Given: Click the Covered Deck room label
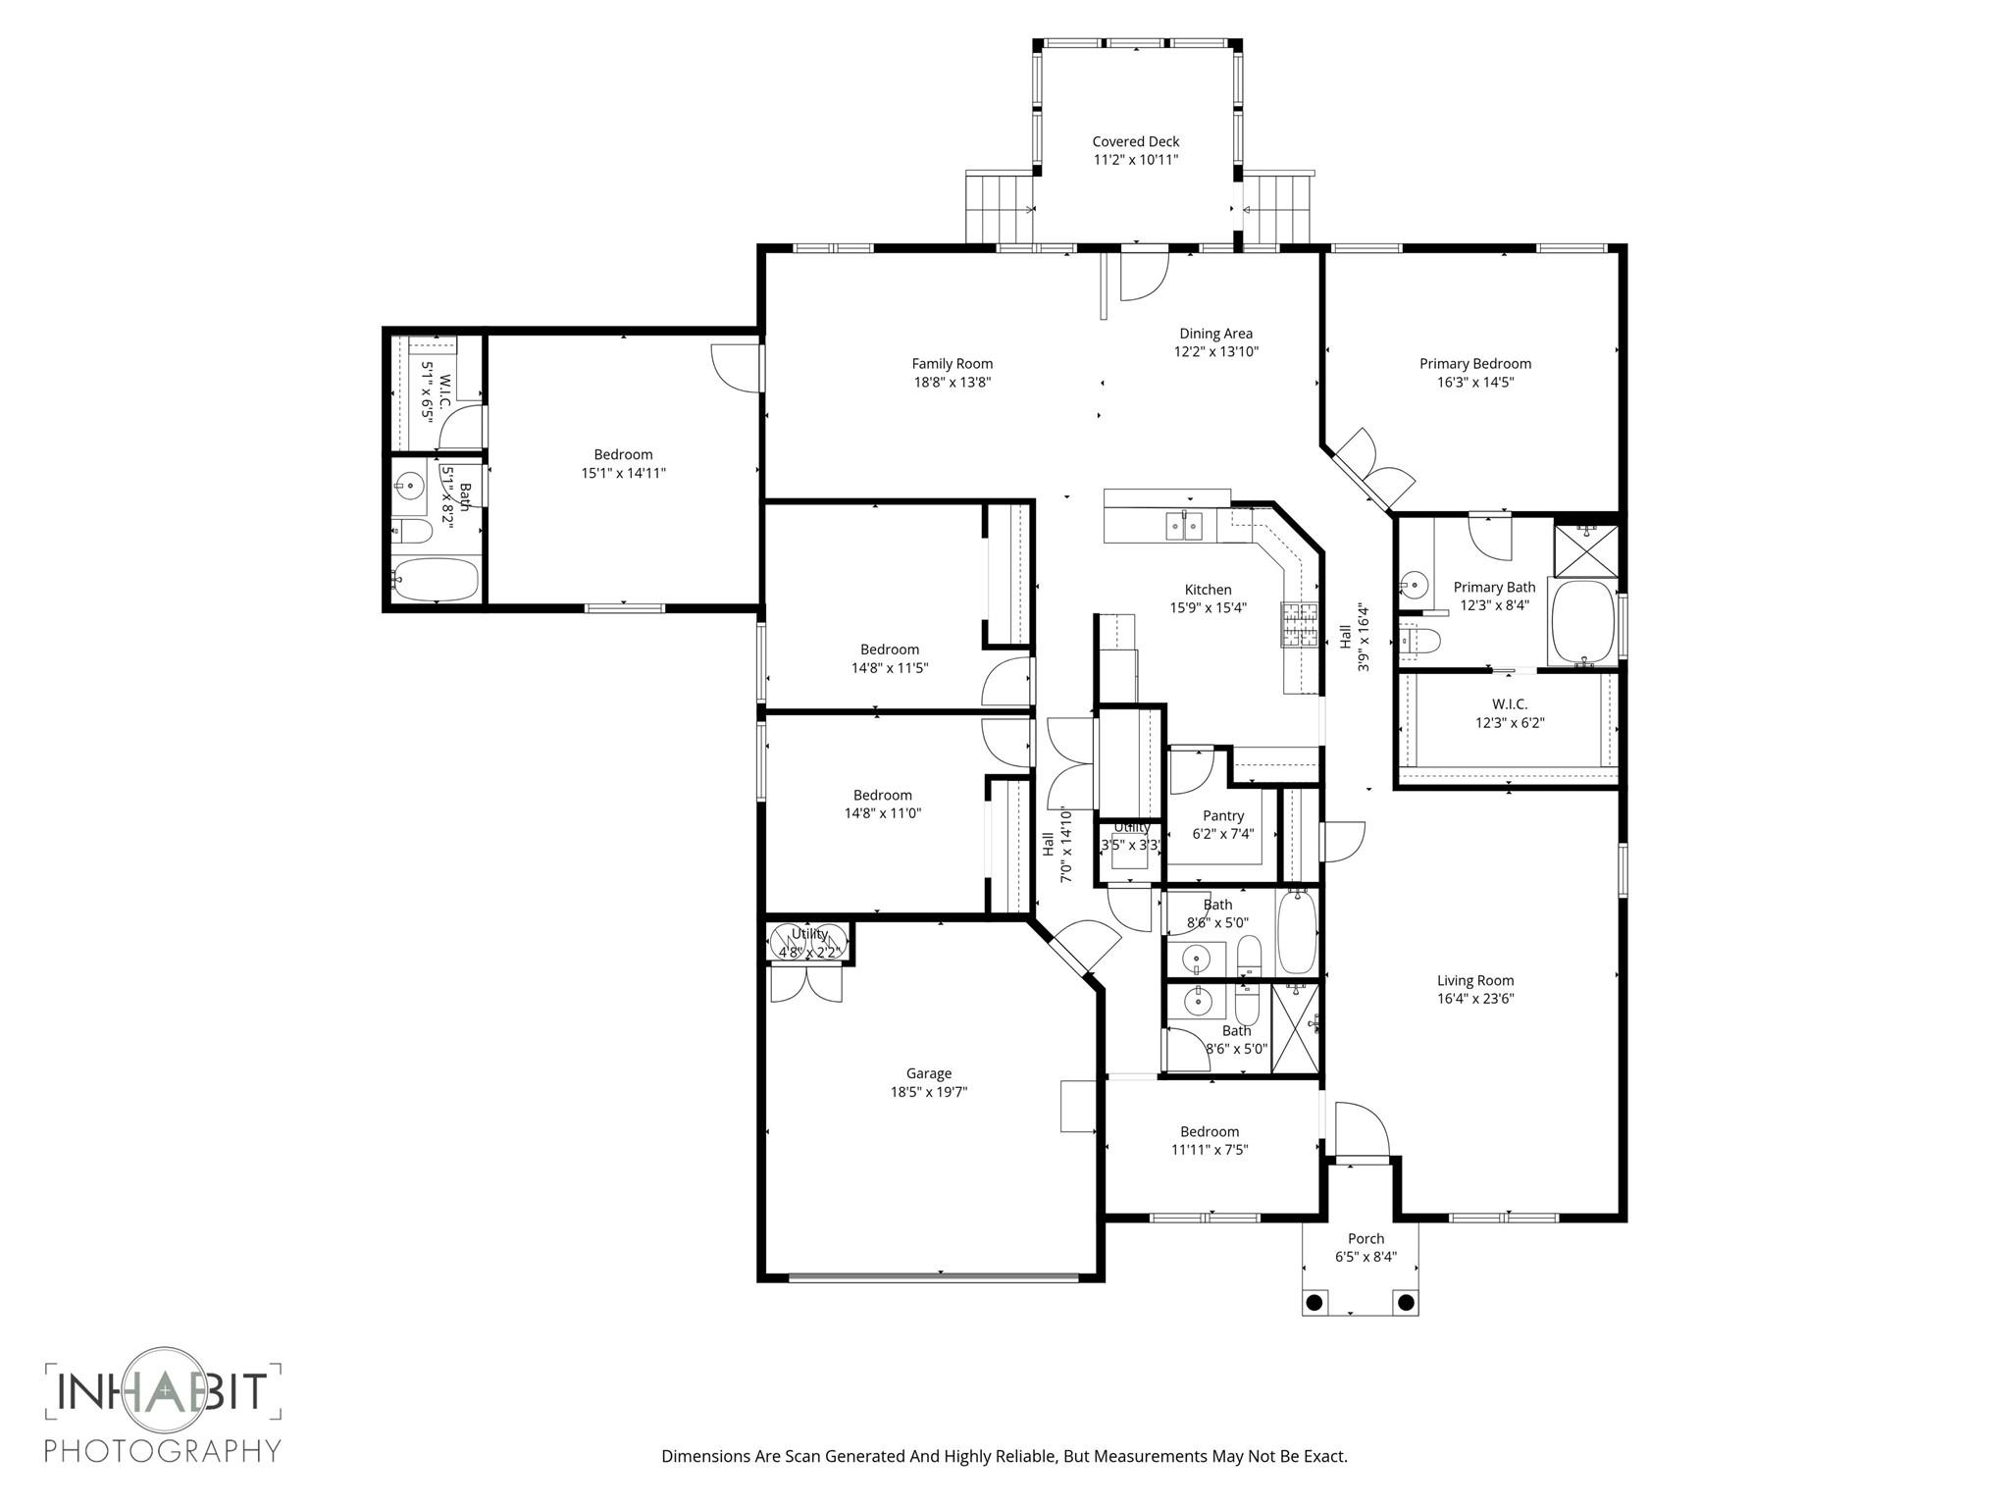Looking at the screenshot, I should pos(1135,141).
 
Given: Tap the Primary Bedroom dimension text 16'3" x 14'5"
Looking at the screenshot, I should pos(1474,383).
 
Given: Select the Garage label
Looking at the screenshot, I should pos(928,1073).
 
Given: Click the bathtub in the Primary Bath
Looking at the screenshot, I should pos(1582,622).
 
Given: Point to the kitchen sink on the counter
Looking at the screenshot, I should pos(1184,527).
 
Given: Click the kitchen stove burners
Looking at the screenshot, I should pos(1300,625).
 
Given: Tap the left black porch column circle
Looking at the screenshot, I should pos(1314,1303).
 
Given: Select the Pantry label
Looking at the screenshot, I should pos(1222,815).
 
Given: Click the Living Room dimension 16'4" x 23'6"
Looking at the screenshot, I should pos(1475,999).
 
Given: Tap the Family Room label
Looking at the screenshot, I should pos(952,364).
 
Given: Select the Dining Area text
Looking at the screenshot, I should pos(1215,334).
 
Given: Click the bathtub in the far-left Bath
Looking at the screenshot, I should pos(435,580).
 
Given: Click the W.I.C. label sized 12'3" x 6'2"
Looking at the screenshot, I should pos(1509,704).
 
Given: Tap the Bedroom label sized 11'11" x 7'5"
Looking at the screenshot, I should pos(1209,1131).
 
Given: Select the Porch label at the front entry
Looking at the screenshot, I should pos(1365,1238).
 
